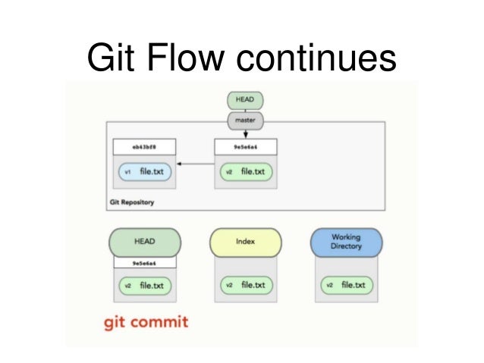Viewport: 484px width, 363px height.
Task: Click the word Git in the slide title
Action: pyautogui.click(x=108, y=58)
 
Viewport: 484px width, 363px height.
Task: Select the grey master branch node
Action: pyautogui.click(x=244, y=119)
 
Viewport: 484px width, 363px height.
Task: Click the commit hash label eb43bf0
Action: pyautogui.click(x=144, y=146)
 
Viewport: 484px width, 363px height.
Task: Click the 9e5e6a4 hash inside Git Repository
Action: pyautogui.click(x=244, y=146)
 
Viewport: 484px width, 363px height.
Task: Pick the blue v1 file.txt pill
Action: pyautogui.click(x=144, y=172)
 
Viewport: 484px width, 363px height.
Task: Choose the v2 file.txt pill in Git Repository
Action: pyautogui.click(x=244, y=172)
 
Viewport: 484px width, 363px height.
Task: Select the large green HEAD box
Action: pyautogui.click(x=144, y=242)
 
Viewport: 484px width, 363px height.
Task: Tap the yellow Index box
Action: pyautogui.click(x=244, y=242)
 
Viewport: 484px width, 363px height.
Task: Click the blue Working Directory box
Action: pyautogui.click(x=346, y=242)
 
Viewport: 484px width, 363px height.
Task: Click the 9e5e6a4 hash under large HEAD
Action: pyautogui.click(x=144, y=262)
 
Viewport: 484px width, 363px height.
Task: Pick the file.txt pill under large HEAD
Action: pyautogui.click(x=144, y=286)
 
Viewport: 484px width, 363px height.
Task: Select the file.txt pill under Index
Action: pyautogui.click(x=244, y=286)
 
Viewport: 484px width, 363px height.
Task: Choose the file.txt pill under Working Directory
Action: pyautogui.click(x=346, y=286)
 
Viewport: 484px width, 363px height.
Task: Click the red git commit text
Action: pyautogui.click(x=147, y=322)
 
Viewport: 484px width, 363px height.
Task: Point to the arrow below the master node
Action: pyautogui.click(x=244, y=133)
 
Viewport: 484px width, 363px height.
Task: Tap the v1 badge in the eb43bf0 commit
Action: pyautogui.click(x=127, y=172)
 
